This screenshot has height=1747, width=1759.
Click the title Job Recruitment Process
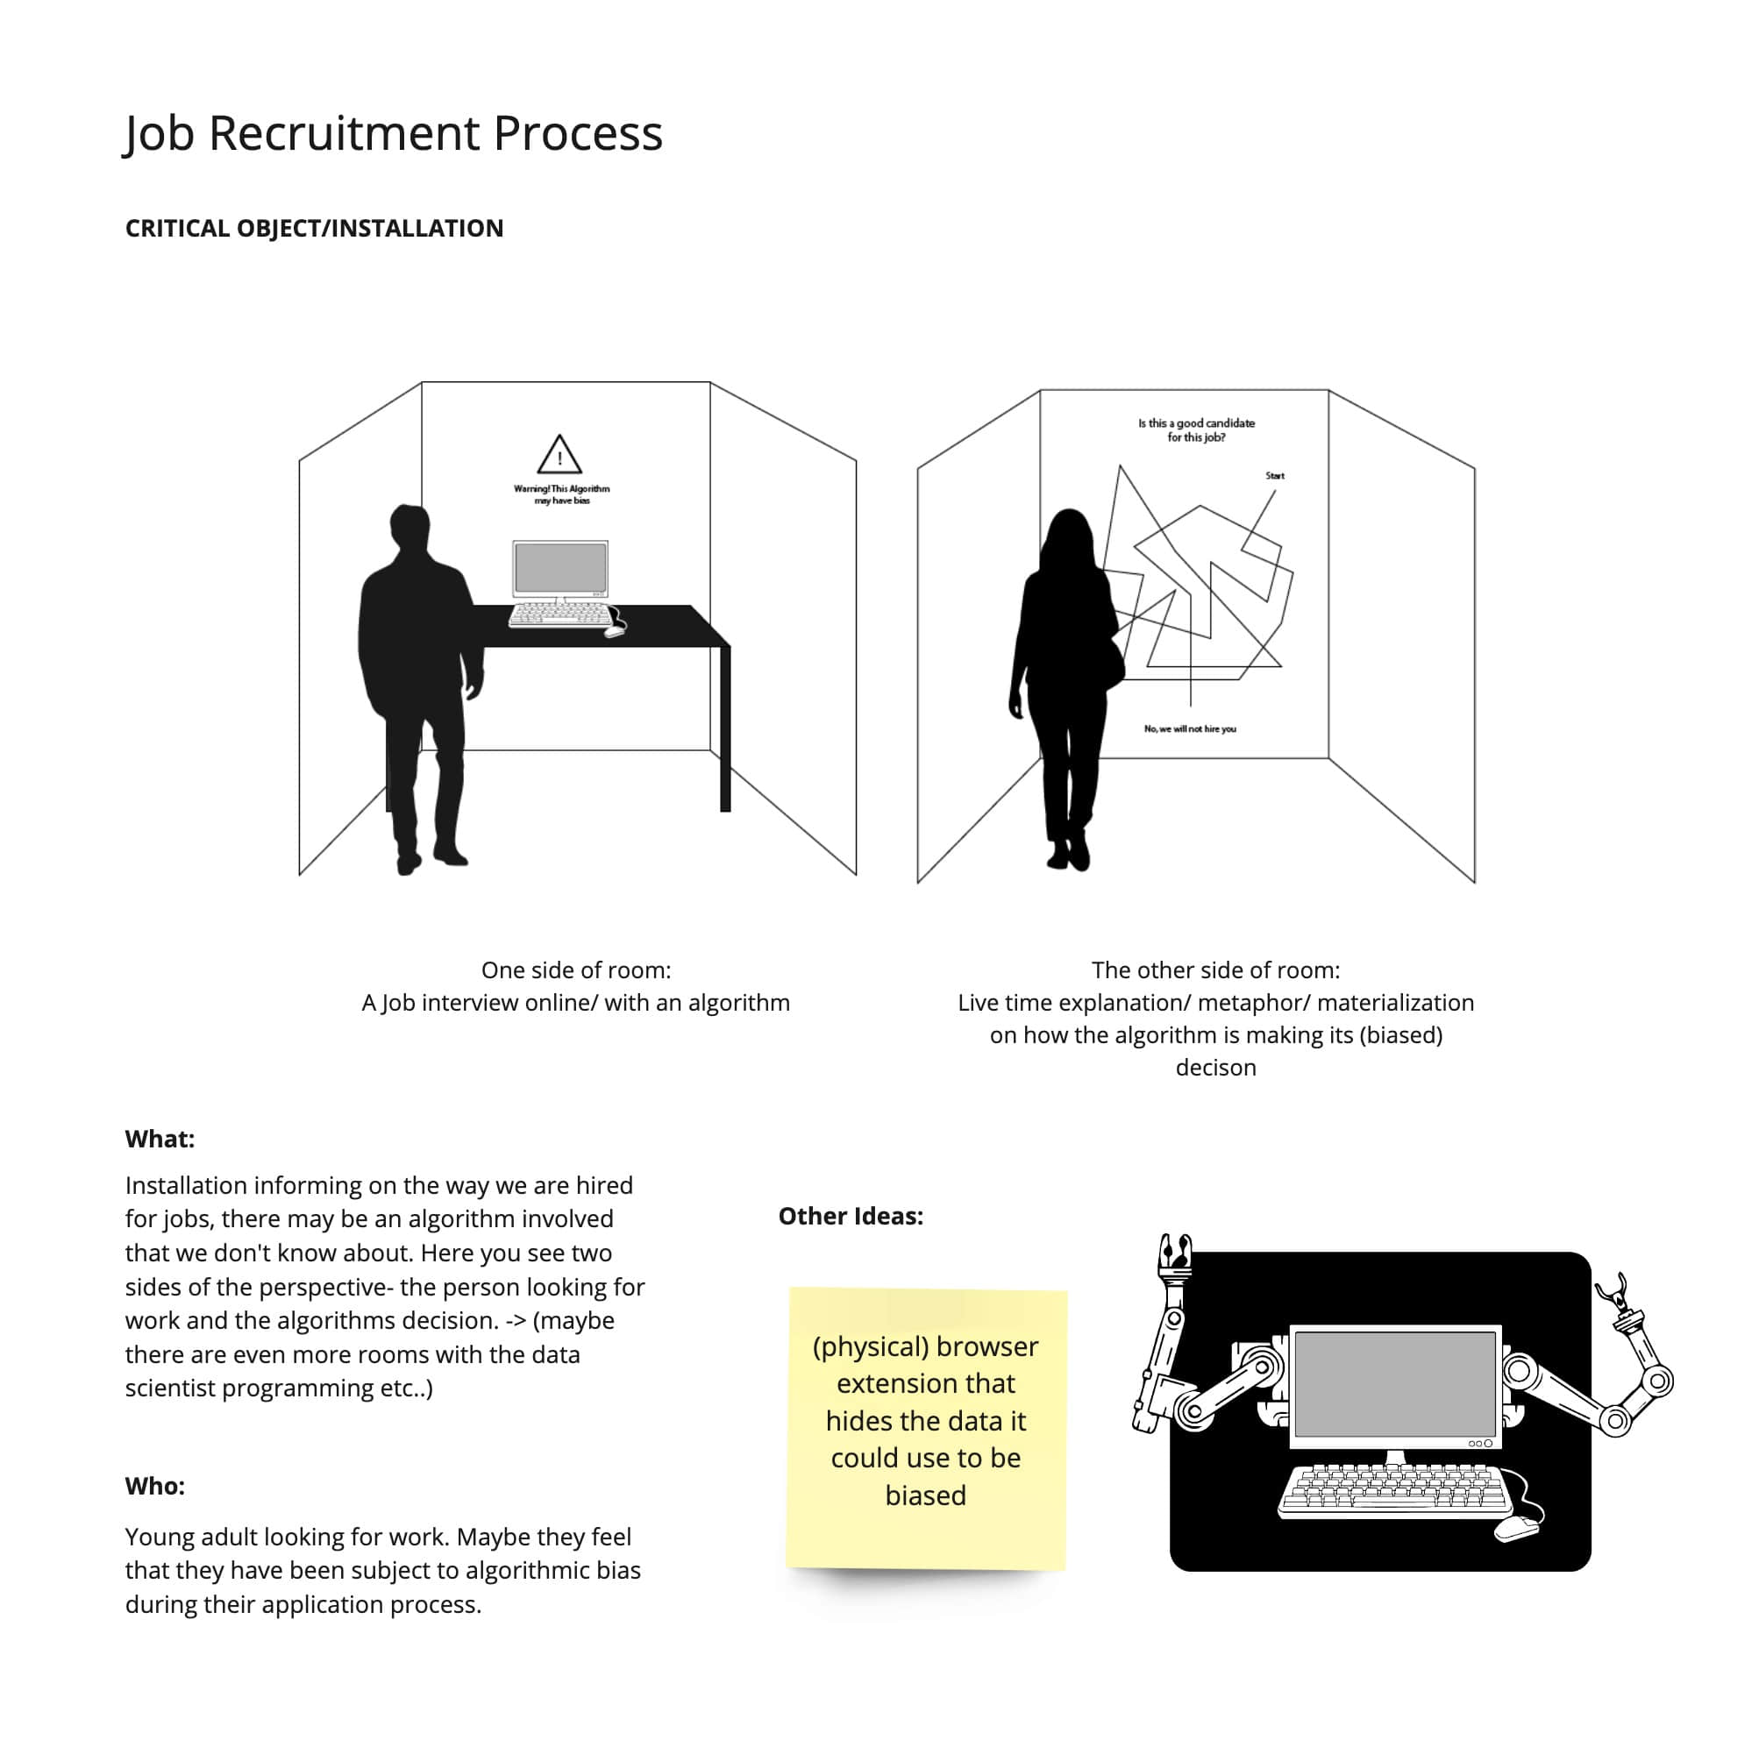393,134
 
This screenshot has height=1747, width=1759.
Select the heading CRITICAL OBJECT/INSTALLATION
314,228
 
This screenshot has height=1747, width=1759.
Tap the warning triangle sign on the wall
559,454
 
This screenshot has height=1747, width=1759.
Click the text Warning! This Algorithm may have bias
562,494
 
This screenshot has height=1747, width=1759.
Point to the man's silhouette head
409,527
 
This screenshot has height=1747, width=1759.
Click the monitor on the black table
560,567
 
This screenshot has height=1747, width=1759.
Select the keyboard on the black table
560,615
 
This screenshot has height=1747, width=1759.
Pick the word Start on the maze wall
1274,475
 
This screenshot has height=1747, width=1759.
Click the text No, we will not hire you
1189,728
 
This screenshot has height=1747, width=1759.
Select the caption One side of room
575,969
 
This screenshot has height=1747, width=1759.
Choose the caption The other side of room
1214,969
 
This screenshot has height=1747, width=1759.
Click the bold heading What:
160,1139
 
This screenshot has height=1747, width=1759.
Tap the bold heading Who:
155,1486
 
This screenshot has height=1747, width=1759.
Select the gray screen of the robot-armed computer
1394,1384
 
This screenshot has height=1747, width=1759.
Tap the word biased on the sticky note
925,1495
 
